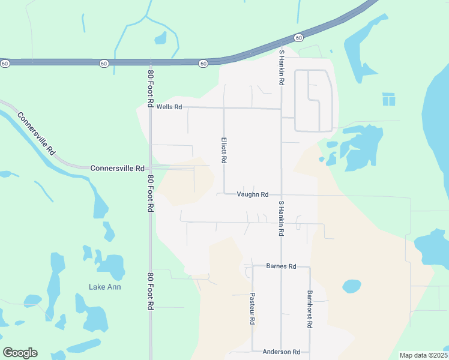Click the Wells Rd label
pos(169,107)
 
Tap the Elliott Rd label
pos(224,150)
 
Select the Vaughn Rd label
pos(252,194)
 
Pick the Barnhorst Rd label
pos(310,309)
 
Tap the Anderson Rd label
pos(281,352)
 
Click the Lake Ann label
pos(105,287)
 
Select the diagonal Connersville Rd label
pos(36,134)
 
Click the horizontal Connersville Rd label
pos(118,169)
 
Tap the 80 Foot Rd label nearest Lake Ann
pos(150,291)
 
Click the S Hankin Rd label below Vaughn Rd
pos(280,218)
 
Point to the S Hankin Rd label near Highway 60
pos(281,67)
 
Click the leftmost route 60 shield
pos(5,63)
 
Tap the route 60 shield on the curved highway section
pos(298,38)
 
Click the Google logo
pos(20,353)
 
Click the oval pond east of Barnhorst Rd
pos(351,286)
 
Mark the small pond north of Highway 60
pos(160,38)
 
